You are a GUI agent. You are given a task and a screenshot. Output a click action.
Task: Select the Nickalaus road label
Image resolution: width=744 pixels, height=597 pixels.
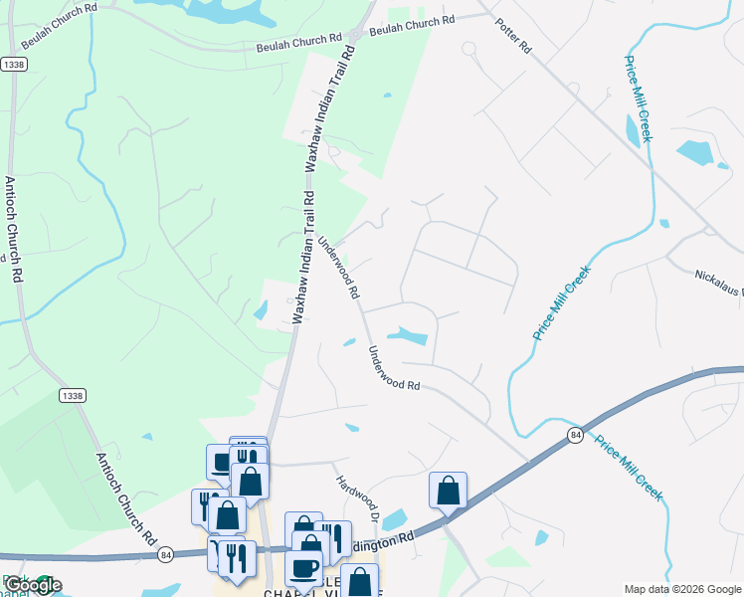click(x=718, y=285)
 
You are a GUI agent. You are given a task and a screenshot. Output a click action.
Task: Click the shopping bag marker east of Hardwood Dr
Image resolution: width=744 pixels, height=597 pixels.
click(x=449, y=491)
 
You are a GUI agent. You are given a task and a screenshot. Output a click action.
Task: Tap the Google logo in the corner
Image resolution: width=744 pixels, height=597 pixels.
click(x=33, y=585)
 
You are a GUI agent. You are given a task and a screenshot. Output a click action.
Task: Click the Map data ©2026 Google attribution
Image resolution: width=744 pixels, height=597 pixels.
click(x=681, y=589)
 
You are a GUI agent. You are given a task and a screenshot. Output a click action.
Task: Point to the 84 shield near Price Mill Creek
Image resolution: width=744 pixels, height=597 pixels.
click(x=575, y=435)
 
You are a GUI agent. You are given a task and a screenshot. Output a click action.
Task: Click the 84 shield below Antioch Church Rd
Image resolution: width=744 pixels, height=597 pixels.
click(x=164, y=553)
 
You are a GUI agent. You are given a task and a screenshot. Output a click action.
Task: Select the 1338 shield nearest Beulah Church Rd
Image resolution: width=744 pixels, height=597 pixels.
click(x=14, y=64)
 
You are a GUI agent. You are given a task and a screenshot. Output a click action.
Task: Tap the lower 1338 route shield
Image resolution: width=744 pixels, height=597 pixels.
click(x=72, y=395)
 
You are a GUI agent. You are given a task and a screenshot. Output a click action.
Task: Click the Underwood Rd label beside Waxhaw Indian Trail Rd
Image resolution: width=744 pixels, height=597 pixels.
click(x=339, y=268)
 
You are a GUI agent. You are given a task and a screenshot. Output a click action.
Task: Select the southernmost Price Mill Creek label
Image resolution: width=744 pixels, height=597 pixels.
click(x=629, y=466)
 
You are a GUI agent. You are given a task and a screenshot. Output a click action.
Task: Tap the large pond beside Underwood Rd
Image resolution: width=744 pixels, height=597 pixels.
click(x=409, y=335)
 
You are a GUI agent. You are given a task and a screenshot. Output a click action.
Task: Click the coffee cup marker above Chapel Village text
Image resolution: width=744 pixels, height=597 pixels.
click(x=303, y=568)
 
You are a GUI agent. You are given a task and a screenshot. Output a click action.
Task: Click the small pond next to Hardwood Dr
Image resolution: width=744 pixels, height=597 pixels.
click(x=395, y=519)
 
